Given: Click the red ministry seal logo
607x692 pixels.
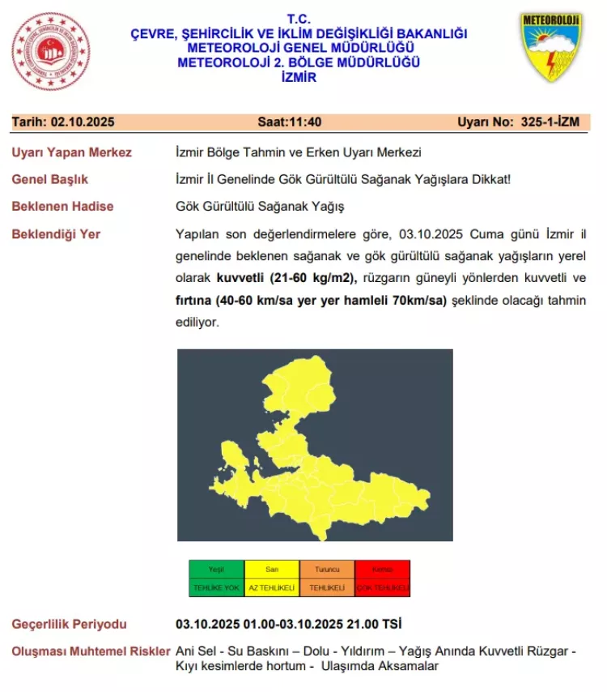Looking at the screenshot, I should [51, 51].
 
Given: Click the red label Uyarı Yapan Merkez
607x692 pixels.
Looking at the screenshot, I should [71, 152].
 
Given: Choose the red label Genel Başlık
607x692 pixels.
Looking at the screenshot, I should [50, 179].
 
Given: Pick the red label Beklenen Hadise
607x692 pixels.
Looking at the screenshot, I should [62, 206].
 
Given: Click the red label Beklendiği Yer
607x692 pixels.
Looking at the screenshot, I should [56, 234].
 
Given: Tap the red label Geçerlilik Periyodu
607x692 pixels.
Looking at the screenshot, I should [70, 624].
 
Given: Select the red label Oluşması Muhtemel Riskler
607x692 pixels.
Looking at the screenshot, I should [91, 651].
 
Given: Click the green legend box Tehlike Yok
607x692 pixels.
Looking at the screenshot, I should [216, 579].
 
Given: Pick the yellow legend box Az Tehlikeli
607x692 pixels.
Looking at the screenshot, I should [271, 579].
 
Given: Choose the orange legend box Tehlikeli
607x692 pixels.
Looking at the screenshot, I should [327, 579].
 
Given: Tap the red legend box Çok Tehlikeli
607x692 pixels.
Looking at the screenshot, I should [382, 579].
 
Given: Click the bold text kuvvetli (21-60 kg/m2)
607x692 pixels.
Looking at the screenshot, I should [287, 278].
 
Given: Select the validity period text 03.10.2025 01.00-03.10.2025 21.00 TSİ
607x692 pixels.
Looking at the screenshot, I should [288, 624].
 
